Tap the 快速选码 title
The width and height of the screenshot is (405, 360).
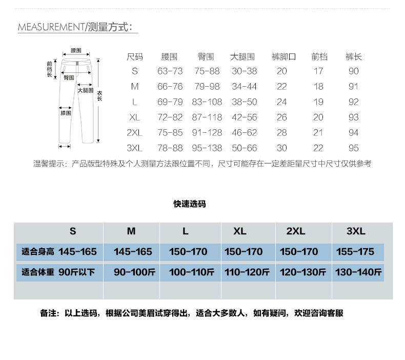click(x=190, y=204)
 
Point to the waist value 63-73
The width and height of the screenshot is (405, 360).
click(x=170, y=71)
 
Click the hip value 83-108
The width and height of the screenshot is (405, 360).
click(x=207, y=102)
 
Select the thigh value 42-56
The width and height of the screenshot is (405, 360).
click(x=244, y=117)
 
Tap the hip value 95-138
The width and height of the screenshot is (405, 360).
click(x=207, y=148)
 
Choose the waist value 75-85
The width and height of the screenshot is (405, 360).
click(x=170, y=133)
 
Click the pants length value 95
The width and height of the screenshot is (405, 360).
click(x=354, y=148)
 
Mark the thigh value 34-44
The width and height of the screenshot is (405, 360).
click(x=244, y=87)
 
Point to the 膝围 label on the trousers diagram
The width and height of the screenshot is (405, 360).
click(x=66, y=113)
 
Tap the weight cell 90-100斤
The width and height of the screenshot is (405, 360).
click(x=134, y=272)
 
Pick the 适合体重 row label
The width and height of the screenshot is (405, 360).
click(x=38, y=272)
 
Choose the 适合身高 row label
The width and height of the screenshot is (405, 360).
click(x=38, y=252)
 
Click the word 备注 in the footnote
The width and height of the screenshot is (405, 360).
click(x=48, y=313)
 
